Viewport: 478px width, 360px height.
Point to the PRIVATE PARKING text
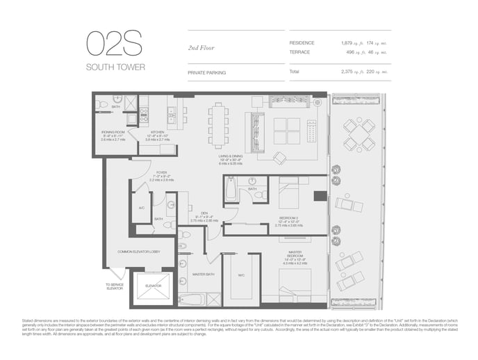pyautogui.click(x=206, y=72)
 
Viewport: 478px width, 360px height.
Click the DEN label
pyautogui.click(x=204, y=213)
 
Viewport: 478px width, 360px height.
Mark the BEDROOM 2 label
pyautogui.click(x=288, y=218)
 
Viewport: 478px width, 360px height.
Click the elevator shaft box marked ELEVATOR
pyautogui.click(x=153, y=286)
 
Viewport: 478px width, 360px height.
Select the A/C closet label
pyautogui.click(x=141, y=208)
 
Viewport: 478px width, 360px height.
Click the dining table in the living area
pyautogui.click(x=219, y=124)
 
